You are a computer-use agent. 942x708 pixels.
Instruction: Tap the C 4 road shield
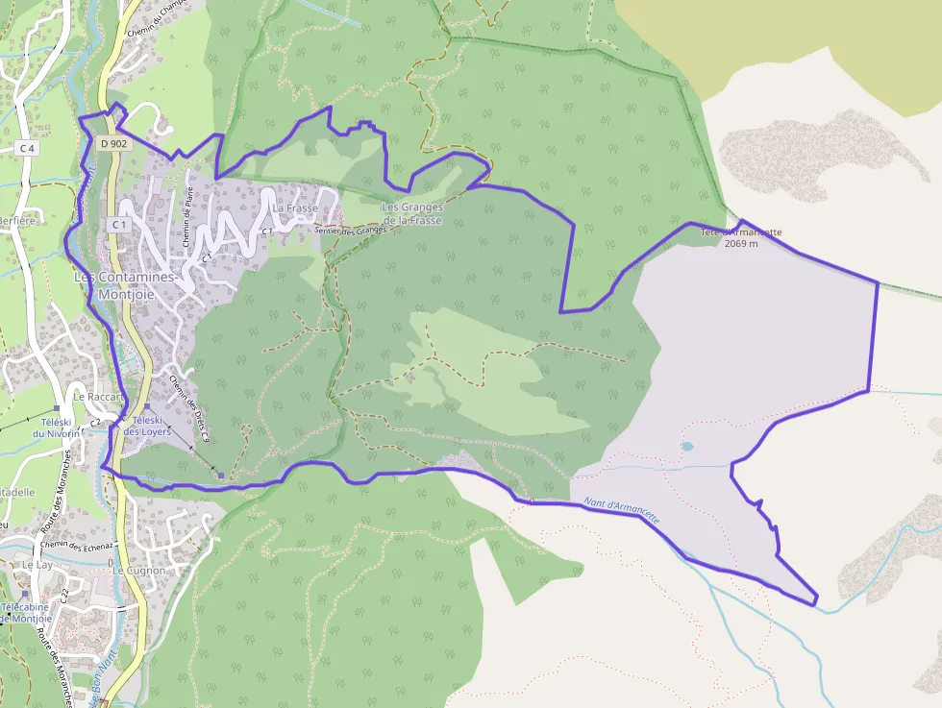[x=27, y=148]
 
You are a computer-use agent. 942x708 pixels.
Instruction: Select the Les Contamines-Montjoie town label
[x=125, y=285]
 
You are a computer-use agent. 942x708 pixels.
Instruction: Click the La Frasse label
[x=295, y=208]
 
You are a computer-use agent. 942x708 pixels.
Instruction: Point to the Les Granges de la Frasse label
[x=411, y=213]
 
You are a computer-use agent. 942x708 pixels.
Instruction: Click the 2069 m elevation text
[x=741, y=244]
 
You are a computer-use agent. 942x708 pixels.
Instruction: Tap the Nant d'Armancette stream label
[x=622, y=509]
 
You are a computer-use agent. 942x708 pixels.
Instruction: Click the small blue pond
[x=686, y=447]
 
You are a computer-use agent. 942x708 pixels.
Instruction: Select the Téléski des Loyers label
[x=147, y=426]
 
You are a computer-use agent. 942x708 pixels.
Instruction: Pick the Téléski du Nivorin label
[x=56, y=427]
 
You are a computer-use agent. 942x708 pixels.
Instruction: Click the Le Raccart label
[x=99, y=396]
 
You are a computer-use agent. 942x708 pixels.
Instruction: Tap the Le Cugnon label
[x=138, y=571]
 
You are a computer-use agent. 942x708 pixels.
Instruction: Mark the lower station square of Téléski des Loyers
[x=220, y=475]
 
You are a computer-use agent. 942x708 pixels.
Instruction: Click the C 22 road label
[x=63, y=597]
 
